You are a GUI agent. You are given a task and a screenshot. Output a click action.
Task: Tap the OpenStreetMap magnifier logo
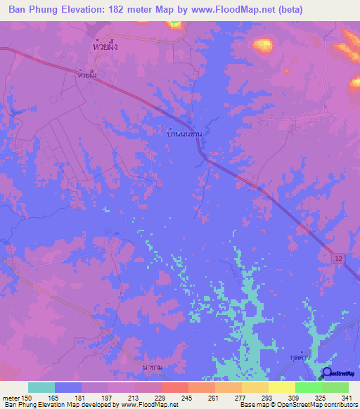(x=327, y=374)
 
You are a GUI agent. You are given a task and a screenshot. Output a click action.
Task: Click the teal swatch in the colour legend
(x=41, y=387)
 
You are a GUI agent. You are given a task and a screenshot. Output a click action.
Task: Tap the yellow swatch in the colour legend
(x=281, y=387)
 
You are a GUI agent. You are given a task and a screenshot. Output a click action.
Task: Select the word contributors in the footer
(x=337, y=405)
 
